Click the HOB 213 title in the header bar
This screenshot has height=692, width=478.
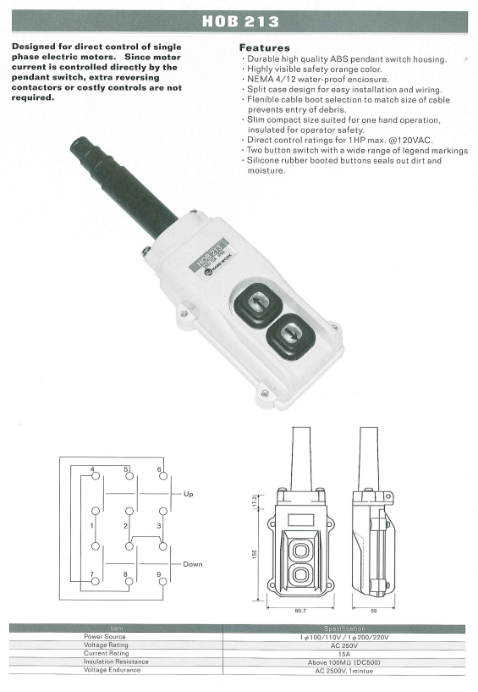pyautogui.click(x=241, y=22)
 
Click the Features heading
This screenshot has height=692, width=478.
pyautogui.click(x=265, y=47)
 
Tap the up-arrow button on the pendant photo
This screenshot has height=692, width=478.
pyautogui.click(x=257, y=302)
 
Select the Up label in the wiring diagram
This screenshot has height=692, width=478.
pyautogui.click(x=189, y=494)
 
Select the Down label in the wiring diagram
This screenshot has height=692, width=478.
pyautogui.click(x=193, y=564)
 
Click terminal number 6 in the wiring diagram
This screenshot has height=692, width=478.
pyautogui.click(x=159, y=469)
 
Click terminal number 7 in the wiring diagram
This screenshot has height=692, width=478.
pyautogui.click(x=91, y=574)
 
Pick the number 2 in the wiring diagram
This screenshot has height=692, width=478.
pyautogui.click(x=126, y=526)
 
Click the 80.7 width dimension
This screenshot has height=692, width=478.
pyautogui.click(x=299, y=611)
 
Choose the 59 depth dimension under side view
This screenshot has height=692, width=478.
pyautogui.click(x=375, y=611)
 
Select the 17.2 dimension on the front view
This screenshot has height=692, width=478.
pyautogui.click(x=255, y=500)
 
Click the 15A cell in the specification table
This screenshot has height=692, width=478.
pyautogui.click(x=344, y=654)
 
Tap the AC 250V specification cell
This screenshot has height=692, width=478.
pyautogui.click(x=344, y=645)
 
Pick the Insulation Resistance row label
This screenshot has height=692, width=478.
pyautogui.click(x=116, y=662)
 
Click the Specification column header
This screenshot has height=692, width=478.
pyautogui.click(x=344, y=628)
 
